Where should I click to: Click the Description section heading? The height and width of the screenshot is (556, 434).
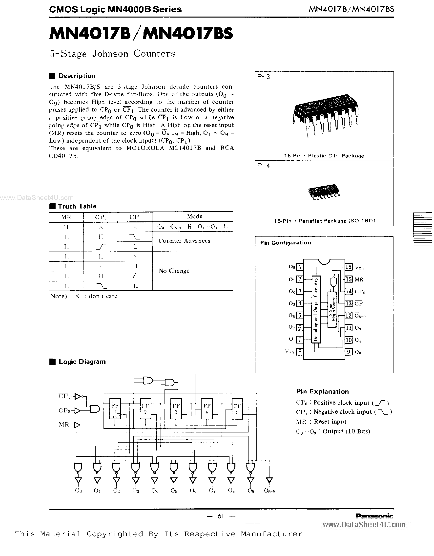[77, 76]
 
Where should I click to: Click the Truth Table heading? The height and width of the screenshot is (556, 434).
[77, 206]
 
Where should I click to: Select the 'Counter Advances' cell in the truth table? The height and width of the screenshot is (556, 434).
[184, 241]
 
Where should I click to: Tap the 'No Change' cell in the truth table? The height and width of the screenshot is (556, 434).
[174, 271]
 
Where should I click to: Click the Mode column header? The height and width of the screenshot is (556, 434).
[195, 216]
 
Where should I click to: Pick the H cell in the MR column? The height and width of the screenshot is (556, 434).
[66, 227]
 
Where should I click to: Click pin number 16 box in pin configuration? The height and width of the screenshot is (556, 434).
[349, 267]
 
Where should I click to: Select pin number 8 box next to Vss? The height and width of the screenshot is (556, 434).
[300, 352]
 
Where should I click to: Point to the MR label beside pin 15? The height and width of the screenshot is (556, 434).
[359, 279]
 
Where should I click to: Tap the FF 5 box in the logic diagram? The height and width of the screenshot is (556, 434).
[237, 409]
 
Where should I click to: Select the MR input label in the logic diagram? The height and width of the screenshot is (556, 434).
[64, 424]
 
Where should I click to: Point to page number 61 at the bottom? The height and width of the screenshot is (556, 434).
[221, 516]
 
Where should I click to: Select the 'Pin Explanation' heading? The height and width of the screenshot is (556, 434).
[323, 391]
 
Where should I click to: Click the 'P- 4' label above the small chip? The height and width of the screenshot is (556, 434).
[264, 166]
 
